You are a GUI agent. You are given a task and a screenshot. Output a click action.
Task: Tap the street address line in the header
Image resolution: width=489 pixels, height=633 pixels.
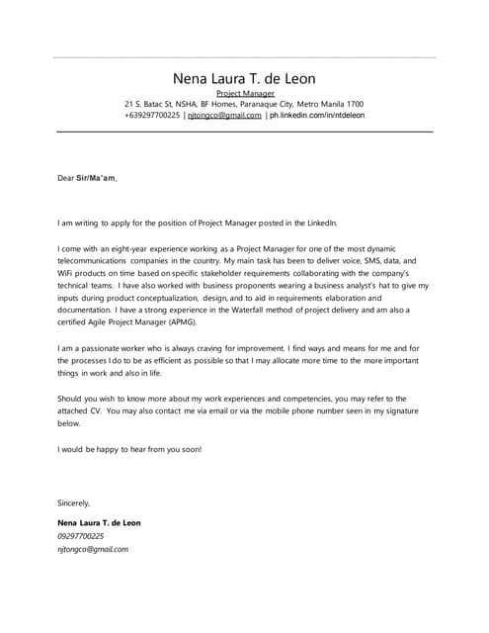[244, 104]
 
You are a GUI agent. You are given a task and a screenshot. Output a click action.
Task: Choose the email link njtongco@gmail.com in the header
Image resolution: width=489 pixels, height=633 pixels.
[224, 115]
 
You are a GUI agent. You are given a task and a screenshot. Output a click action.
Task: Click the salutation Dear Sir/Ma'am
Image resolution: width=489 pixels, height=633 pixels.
[87, 178]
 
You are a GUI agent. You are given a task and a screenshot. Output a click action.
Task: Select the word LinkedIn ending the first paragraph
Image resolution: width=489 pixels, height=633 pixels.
[322, 223]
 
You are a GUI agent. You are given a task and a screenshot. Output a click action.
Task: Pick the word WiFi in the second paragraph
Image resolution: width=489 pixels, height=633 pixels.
[67, 273]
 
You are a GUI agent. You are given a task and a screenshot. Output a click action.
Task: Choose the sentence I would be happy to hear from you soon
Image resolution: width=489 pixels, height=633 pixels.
[128, 448]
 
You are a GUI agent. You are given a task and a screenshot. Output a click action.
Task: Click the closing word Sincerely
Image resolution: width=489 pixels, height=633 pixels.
[74, 502]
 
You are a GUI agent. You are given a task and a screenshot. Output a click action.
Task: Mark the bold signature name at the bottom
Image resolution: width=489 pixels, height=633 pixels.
[99, 522]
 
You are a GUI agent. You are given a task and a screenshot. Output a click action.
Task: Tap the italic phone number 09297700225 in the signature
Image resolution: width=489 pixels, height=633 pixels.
[80, 535]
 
